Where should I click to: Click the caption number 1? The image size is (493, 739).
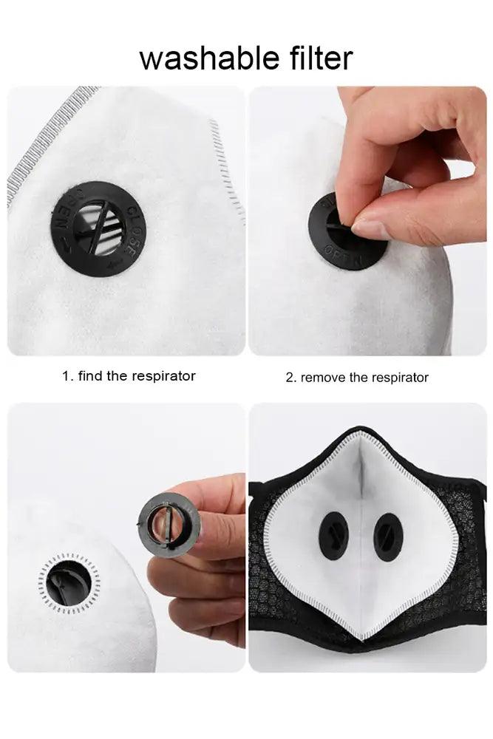click(65, 376)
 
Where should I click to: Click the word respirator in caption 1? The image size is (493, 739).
click(163, 376)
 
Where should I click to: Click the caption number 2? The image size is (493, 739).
click(290, 378)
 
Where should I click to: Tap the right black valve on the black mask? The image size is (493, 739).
click(388, 537)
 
